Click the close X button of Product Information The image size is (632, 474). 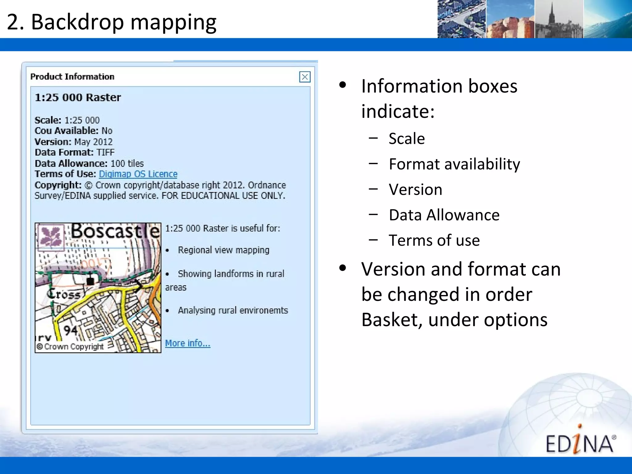point(305,77)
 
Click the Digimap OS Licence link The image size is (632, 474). point(138,174)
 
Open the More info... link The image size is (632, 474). point(188,343)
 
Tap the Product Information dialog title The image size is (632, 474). point(72,77)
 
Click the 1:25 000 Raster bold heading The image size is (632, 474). point(78,98)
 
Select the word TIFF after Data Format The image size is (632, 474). point(105,152)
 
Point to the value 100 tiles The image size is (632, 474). point(127,164)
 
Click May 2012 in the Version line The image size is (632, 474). point(94,142)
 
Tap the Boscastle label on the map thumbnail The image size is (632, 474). point(115,231)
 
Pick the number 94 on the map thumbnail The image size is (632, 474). point(71,330)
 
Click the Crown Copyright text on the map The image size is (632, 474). point(70,347)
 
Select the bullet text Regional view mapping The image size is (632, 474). point(223,250)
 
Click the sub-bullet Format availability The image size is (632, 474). point(454,164)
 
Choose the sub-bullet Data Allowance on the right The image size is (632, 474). point(444,215)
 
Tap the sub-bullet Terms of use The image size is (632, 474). point(434,240)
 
